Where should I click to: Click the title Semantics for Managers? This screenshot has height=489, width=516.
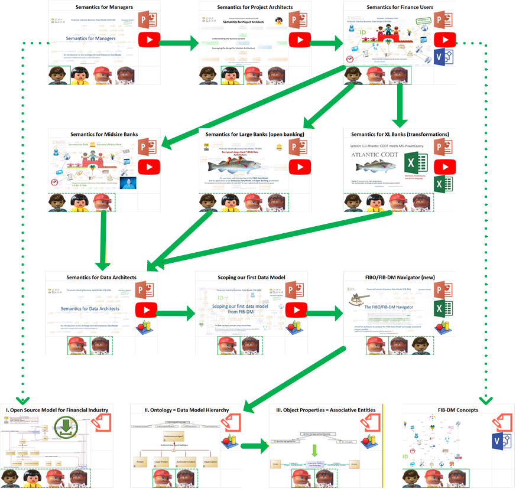click(104, 7)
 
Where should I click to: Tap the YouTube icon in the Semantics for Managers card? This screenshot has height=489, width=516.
click(149, 40)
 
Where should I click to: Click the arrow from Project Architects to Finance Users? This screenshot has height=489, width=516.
click(329, 42)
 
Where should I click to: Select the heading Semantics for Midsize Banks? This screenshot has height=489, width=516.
click(104, 135)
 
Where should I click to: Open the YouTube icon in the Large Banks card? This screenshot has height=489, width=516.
click(300, 167)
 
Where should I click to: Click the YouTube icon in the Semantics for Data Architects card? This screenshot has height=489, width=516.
click(145, 310)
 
